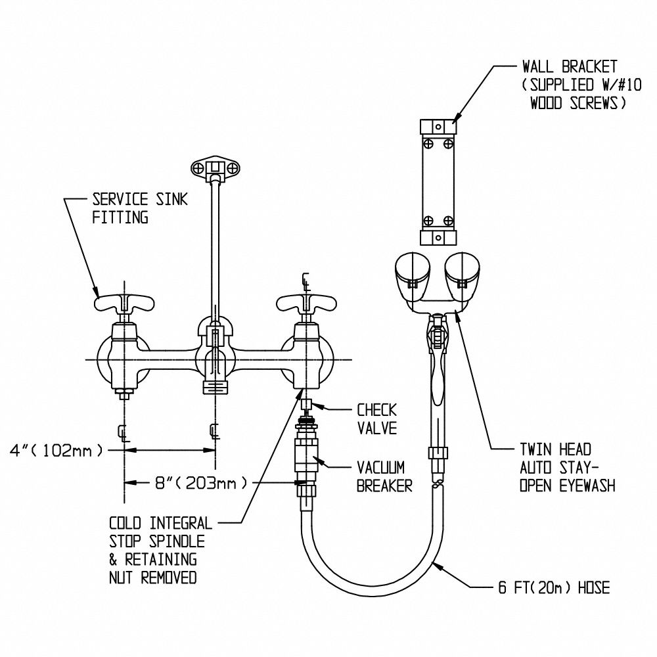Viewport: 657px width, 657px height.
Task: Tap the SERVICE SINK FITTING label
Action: (139, 208)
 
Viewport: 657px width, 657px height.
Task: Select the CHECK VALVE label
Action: (376, 419)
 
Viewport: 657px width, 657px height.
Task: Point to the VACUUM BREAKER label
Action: (384, 476)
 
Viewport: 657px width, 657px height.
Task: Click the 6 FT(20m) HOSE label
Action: (554, 587)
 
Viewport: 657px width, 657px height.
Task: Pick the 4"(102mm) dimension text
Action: (57, 451)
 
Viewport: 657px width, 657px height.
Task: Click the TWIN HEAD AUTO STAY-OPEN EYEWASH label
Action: (568, 467)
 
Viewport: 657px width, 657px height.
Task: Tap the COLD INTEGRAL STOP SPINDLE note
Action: (160, 550)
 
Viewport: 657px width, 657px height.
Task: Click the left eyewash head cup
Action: (413, 275)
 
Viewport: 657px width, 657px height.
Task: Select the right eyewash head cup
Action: (462, 275)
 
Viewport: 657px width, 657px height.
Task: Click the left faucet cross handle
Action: (124, 303)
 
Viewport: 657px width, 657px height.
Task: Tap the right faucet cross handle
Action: (307, 303)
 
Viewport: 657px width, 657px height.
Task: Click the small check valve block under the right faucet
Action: (307, 405)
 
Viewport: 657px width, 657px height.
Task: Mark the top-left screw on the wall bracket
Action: (428, 144)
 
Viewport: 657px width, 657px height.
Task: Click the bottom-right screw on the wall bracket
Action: (448, 221)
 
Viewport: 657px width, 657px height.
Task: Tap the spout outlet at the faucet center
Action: (215, 386)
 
